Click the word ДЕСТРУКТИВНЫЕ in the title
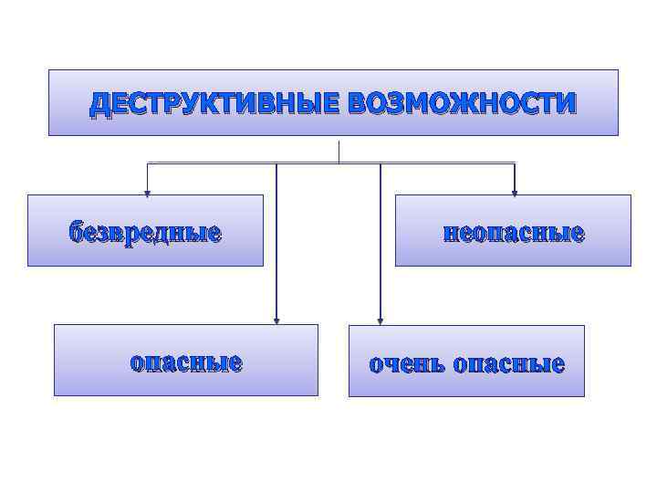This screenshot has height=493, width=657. (x=214, y=103)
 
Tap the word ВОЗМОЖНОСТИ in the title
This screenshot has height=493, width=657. (x=462, y=103)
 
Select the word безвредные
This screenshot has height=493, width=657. (x=145, y=233)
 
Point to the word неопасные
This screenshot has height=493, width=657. (x=513, y=233)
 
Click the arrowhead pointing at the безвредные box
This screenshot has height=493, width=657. (x=147, y=192)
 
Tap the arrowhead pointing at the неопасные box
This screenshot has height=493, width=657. (x=515, y=192)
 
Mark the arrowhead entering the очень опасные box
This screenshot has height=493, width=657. (x=381, y=320)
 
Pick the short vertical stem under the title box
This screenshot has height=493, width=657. (x=339, y=152)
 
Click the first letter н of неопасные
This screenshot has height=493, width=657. (x=449, y=234)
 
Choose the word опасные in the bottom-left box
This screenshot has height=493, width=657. (x=186, y=362)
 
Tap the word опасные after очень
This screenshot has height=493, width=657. (x=509, y=365)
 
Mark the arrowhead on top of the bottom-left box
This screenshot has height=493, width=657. (x=276, y=320)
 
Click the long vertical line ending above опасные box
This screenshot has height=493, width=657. (x=276, y=242)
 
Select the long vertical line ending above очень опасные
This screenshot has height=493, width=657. (x=381, y=242)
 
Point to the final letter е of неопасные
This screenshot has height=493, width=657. (x=578, y=234)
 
